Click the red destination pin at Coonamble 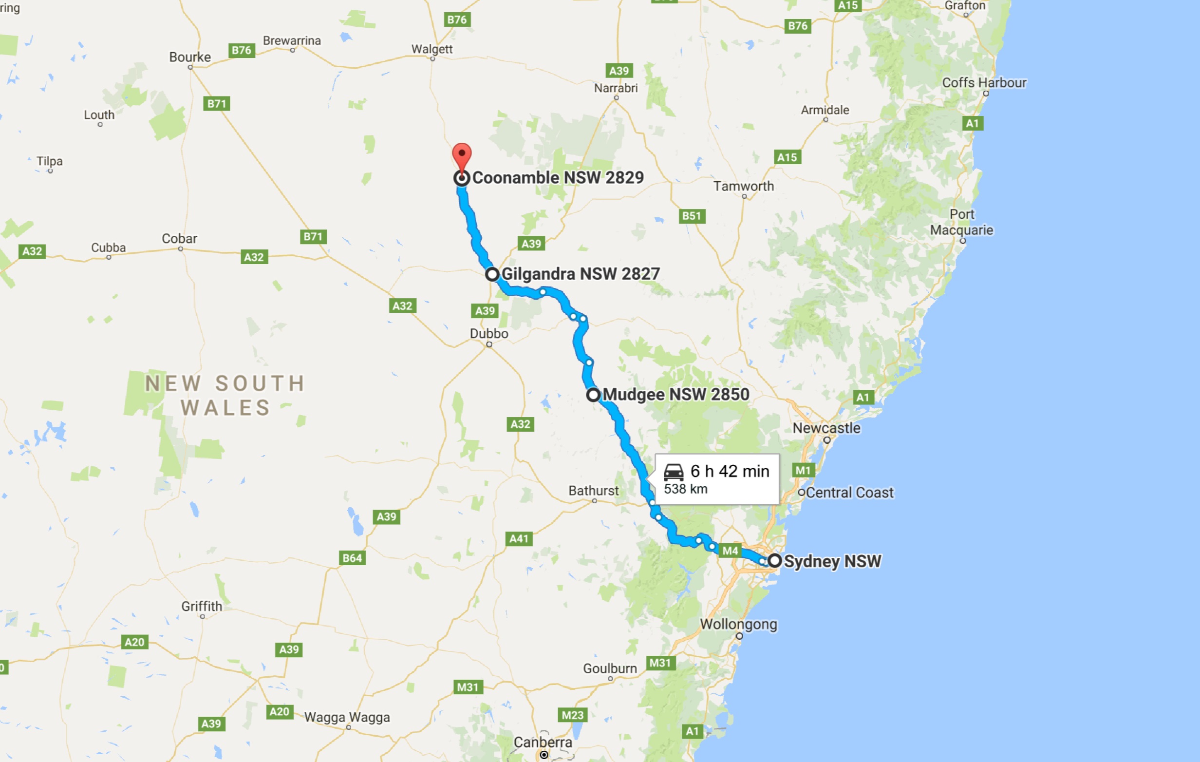click(x=462, y=155)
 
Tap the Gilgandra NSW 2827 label click(x=580, y=274)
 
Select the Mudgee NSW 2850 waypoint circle click(x=593, y=395)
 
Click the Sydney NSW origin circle click(x=774, y=560)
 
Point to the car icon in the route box click(x=673, y=471)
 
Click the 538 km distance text click(x=685, y=489)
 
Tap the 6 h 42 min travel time click(x=730, y=471)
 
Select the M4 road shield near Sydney click(x=730, y=551)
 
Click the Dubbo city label click(x=489, y=334)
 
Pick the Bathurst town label click(x=594, y=491)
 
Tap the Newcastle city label click(x=826, y=428)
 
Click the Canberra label click(x=543, y=743)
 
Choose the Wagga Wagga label click(x=347, y=717)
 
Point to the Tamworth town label click(x=744, y=187)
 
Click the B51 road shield click(x=692, y=216)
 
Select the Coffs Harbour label click(x=984, y=83)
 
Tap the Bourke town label click(x=190, y=57)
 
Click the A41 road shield click(x=519, y=538)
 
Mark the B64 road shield click(x=352, y=558)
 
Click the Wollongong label click(x=738, y=624)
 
